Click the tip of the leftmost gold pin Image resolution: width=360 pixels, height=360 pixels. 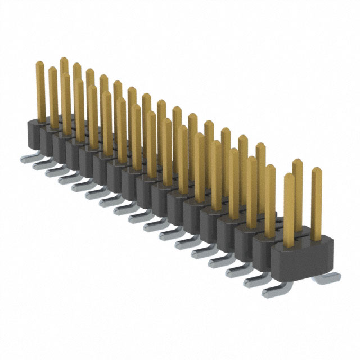coord(40,64)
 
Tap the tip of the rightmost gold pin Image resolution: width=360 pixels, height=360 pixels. coord(317,171)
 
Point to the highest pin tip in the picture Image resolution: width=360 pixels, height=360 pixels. coord(63,59)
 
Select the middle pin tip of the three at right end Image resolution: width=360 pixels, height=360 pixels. coord(298,163)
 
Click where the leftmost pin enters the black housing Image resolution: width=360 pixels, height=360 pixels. coord(41,120)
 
